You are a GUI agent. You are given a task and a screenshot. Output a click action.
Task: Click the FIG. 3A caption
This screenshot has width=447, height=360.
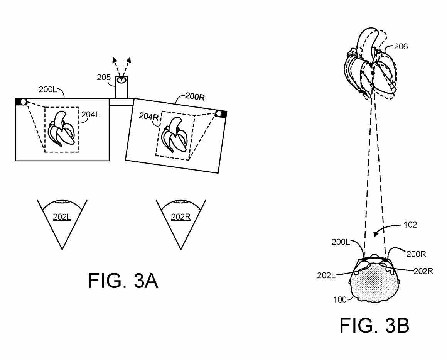click(123, 281)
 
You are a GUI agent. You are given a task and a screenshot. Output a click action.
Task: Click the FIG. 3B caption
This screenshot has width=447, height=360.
click(374, 326)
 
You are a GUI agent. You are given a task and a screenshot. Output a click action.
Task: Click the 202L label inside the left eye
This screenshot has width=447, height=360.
click(62, 216)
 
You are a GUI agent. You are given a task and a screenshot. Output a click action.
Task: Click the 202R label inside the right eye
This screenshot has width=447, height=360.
click(180, 216)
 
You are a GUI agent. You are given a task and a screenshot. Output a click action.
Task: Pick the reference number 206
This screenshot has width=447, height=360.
click(401, 47)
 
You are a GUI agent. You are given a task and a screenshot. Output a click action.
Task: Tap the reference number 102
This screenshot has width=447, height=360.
click(410, 225)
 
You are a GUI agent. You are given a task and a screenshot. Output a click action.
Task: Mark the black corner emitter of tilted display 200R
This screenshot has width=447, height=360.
click(221, 114)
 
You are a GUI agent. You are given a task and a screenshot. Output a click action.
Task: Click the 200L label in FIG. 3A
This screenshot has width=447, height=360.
click(48, 90)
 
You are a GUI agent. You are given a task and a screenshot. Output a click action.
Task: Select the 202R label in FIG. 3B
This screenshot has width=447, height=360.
click(423, 271)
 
